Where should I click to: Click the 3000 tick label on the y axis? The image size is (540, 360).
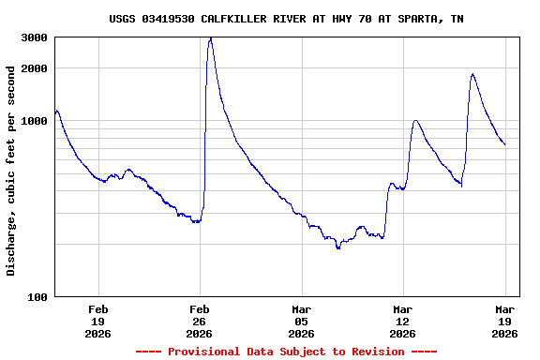coord(35,37)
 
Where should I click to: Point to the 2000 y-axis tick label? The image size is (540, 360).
coord(35,68)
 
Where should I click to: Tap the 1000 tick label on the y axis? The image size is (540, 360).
coord(35,121)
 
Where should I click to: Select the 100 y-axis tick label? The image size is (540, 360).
coord(37,297)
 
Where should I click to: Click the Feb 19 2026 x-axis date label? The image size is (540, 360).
coord(98,321)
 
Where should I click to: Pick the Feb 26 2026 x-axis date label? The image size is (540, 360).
coord(200,321)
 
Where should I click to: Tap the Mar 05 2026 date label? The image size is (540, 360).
coord(301,321)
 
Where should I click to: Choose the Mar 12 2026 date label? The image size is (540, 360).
coord(402,321)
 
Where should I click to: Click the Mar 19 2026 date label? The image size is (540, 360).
coord(504,321)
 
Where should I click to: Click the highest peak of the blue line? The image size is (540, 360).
coord(211,37)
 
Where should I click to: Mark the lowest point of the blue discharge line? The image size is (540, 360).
coord(338,248)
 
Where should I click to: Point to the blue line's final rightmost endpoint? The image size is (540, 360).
coord(504,144)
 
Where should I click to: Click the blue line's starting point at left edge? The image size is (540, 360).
coord(55,112)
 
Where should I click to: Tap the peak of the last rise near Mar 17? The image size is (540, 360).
coord(472,74)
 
